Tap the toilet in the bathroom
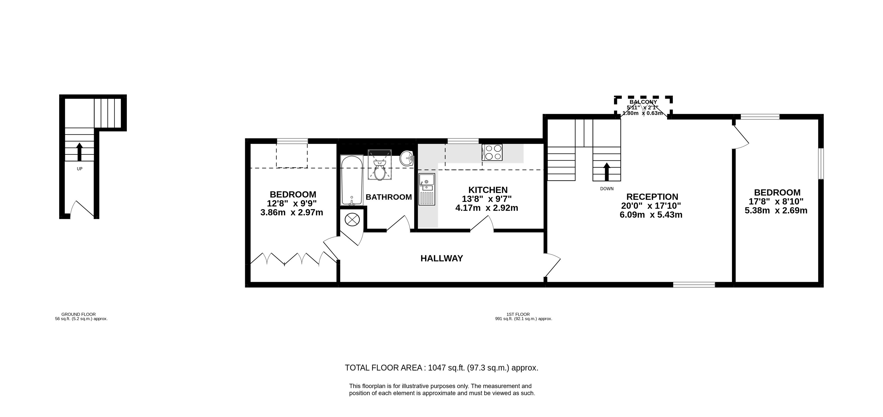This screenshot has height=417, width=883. [x=380, y=170]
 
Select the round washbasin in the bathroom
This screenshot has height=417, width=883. [x=407, y=158]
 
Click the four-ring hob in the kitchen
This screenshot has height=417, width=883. [x=492, y=153]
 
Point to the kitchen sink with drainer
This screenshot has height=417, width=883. [x=427, y=189]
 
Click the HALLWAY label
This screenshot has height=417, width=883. [x=442, y=258]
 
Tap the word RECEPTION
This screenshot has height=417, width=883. [x=652, y=197]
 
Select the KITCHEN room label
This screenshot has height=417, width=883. [x=488, y=190]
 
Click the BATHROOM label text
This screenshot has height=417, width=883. [x=389, y=197]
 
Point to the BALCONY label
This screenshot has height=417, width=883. [x=643, y=102]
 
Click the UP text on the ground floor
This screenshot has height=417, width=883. [x=80, y=169]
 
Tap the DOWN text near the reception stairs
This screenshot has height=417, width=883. [x=607, y=189]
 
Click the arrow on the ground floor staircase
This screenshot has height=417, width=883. [x=80, y=152]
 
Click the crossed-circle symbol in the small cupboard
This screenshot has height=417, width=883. [x=352, y=219]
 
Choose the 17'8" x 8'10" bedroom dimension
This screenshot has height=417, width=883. [x=776, y=202]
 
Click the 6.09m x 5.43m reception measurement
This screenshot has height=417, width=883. [x=651, y=215]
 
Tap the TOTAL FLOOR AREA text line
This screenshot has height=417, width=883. [x=442, y=368]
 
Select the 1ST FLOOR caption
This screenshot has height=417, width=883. [x=518, y=314]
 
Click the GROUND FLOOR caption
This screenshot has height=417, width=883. [x=79, y=314]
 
